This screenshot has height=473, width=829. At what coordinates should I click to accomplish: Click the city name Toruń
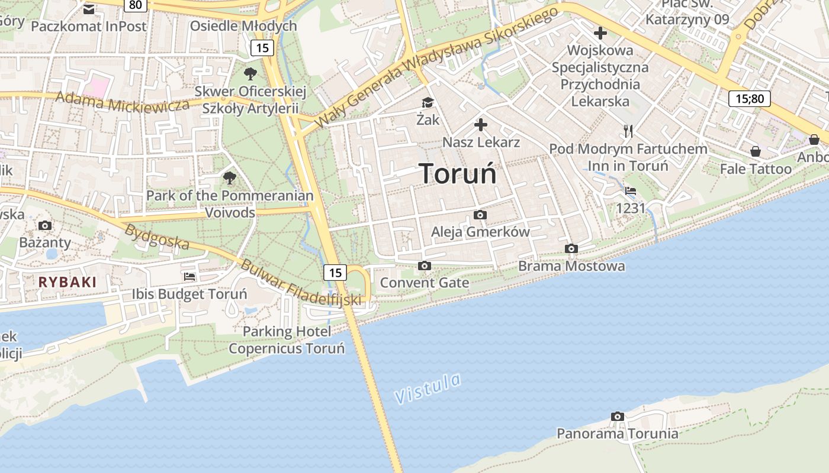(458, 173)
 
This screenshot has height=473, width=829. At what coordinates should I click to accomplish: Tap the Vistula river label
(428, 388)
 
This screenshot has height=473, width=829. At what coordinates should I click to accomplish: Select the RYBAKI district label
(67, 282)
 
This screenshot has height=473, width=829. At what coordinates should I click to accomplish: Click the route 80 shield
(136, 5)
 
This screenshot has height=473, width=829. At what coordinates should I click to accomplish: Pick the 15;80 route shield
(750, 98)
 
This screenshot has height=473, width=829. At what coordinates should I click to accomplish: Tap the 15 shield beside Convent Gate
(335, 272)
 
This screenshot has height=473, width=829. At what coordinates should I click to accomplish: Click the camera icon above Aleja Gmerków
(480, 215)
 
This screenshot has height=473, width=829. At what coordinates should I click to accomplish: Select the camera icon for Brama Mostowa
(571, 248)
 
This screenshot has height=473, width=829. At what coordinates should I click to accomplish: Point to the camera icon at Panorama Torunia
(617, 417)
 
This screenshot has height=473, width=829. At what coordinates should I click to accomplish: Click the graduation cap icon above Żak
(428, 103)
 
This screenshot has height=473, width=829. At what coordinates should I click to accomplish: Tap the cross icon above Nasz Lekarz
(481, 125)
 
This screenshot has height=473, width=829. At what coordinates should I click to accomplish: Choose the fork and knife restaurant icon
(628, 131)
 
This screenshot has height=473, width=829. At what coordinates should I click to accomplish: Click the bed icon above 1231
(631, 191)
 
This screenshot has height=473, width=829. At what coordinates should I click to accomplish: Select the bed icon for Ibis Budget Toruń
(189, 276)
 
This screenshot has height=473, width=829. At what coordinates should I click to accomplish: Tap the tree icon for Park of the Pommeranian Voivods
(229, 177)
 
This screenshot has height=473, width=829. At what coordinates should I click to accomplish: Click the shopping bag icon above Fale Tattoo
(756, 151)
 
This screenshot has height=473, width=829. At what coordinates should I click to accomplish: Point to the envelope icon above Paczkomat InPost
(89, 9)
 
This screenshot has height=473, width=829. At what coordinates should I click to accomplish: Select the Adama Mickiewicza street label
(123, 102)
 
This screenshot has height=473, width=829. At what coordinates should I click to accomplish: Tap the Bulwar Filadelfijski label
(300, 283)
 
